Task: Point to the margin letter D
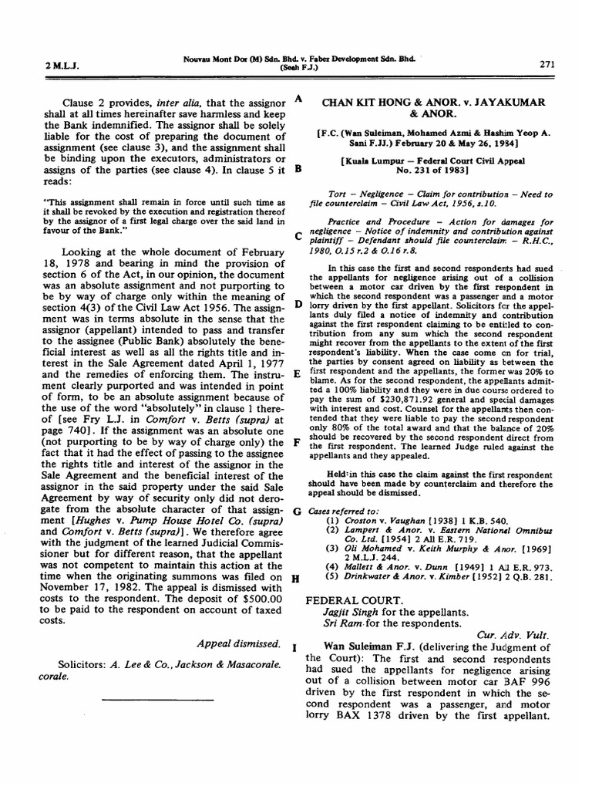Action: click(298, 305)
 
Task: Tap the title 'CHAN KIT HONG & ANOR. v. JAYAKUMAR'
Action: click(433, 101)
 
